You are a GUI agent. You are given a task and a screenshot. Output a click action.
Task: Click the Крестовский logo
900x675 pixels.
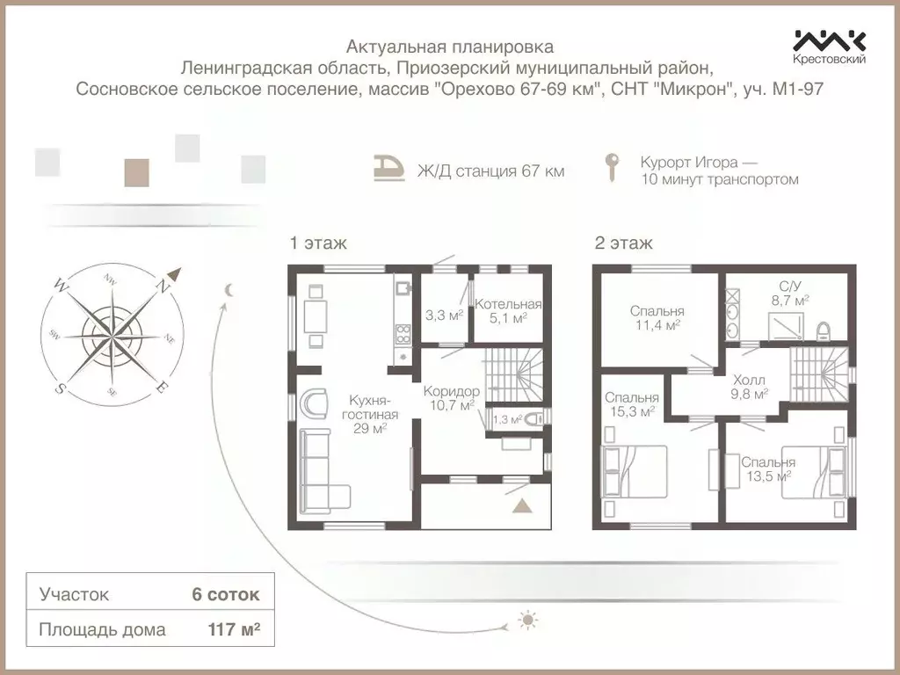[x=830, y=47]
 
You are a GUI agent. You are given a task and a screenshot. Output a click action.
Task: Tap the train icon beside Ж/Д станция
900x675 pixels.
[x=389, y=168]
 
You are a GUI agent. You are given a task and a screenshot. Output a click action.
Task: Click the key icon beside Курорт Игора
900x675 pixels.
[x=613, y=168]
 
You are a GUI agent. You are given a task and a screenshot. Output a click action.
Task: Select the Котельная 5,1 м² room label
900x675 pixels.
[x=508, y=310]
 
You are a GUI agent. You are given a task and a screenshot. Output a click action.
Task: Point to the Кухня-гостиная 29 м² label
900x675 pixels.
[x=370, y=414]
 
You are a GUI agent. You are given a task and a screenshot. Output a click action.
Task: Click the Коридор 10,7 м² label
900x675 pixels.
[x=452, y=398]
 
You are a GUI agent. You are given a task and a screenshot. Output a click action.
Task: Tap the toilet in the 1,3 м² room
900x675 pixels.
[x=534, y=419]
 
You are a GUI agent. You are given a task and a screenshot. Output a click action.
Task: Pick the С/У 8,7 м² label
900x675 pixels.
[x=790, y=293]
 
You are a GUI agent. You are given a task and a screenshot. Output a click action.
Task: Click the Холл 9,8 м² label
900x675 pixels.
[x=749, y=387]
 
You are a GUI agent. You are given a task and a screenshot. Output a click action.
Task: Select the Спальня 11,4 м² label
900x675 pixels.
[x=657, y=317]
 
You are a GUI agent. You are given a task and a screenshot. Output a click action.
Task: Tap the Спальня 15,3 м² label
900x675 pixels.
[x=631, y=404]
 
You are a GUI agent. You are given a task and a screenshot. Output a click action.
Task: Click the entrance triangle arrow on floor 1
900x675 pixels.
[x=521, y=505]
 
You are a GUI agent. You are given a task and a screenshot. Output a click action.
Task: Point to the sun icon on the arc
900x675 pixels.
[x=527, y=620]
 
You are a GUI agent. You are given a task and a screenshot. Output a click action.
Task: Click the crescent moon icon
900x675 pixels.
[x=229, y=290]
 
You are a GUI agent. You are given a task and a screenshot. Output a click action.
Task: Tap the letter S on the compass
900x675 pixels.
[x=59, y=388]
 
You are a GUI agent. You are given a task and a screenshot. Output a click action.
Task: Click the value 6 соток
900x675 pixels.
[x=226, y=594]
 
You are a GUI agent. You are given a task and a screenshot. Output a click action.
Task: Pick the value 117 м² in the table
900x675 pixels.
[x=234, y=629]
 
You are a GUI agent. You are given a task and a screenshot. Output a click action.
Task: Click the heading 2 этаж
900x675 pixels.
[x=623, y=243]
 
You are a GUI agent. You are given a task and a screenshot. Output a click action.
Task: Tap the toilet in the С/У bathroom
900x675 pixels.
[x=823, y=331]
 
